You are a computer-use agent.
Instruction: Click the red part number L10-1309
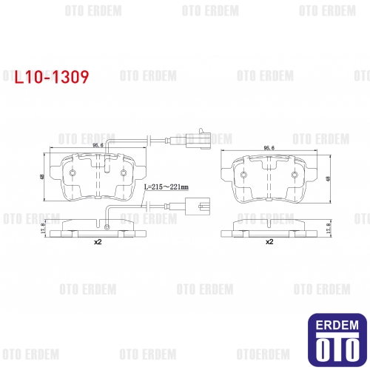pos(52,77)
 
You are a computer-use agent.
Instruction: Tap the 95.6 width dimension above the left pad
pos(98,145)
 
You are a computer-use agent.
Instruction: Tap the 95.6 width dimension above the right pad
pos(269,148)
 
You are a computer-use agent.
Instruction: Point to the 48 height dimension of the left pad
pos(42,177)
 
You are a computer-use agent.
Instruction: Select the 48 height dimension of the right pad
pos(328,178)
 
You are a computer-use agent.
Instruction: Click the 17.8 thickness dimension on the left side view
pos(43,228)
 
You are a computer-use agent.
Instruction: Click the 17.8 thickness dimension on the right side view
pos(328,229)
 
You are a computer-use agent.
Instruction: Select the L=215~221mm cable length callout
pos(166,187)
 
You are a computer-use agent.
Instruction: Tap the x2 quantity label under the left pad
pos(98,242)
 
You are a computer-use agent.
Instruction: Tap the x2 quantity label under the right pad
pos(269,242)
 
